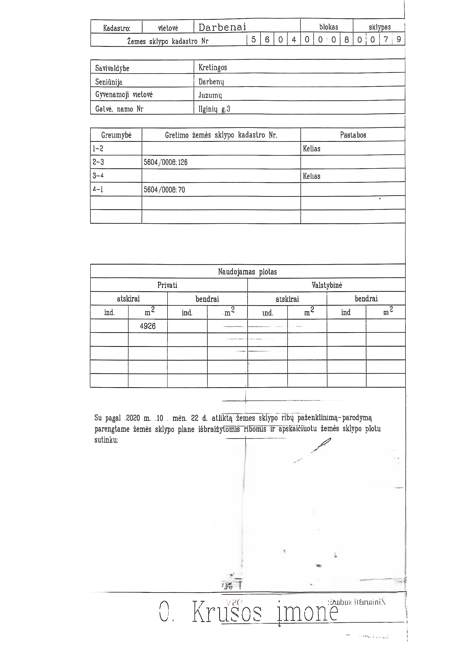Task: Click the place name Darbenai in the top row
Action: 222,27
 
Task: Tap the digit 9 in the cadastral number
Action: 398,40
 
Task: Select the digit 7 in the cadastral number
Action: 386,40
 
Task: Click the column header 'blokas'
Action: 328,27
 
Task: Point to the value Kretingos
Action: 213,67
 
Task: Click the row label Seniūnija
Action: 109,82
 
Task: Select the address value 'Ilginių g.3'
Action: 214,109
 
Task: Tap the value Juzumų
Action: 210,95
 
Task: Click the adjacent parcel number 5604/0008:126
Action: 166,162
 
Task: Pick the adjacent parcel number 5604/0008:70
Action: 164,190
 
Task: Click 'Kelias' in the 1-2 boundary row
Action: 312,149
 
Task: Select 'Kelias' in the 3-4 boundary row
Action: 312,176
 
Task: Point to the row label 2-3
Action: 98,162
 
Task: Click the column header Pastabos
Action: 353,135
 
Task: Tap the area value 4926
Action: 148,326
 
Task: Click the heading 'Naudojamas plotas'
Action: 247,272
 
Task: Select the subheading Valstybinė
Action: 327,285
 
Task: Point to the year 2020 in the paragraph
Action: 133,418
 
